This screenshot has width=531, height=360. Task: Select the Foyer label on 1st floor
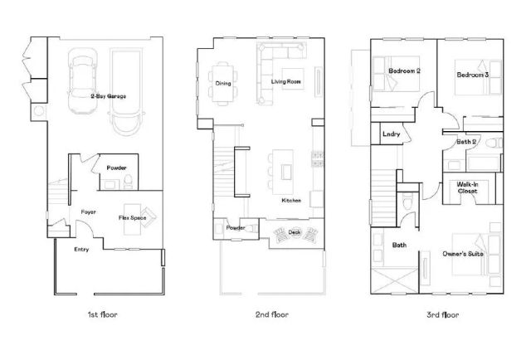(89, 212)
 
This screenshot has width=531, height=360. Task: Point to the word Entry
(81, 249)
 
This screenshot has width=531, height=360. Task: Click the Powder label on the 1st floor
(117, 168)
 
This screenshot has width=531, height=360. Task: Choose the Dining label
(223, 83)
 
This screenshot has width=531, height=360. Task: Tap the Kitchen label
(291, 201)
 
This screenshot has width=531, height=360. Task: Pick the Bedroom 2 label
(405, 71)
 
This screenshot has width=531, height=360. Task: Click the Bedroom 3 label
(472, 75)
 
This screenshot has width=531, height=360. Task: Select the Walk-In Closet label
(467, 187)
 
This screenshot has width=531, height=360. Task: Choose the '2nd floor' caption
(270, 314)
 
